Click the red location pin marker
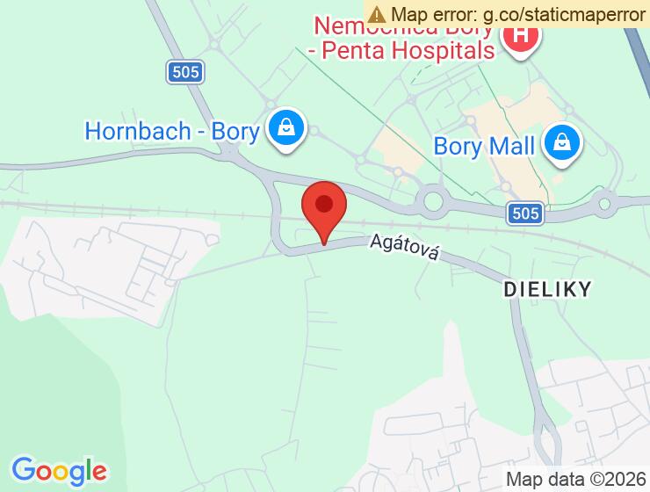click(324, 208)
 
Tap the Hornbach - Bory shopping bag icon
click(286, 128)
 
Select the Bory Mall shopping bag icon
click(560, 143)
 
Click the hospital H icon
click(520, 36)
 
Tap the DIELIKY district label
click(547, 287)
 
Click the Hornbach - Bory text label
click(172, 132)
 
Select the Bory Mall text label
click(484, 146)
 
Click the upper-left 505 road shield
click(185, 72)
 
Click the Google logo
click(59, 471)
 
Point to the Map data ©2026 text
click(575, 479)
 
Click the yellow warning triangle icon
click(377, 14)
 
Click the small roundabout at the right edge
click(604, 206)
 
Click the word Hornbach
click(138, 132)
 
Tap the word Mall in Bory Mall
click(511, 146)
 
